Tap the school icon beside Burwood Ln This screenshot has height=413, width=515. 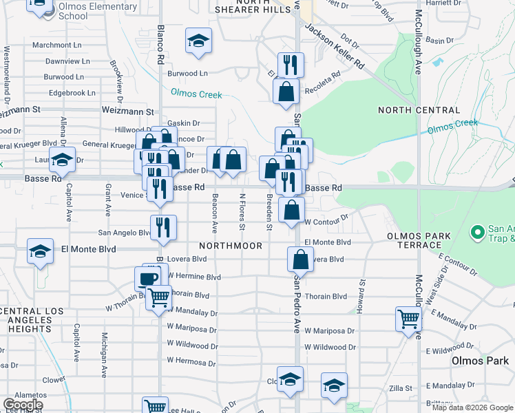pyautogui.click(x=198, y=41)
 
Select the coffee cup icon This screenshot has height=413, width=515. pyautogui.click(x=147, y=279)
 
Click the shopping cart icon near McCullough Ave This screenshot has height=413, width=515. pyautogui.click(x=408, y=319)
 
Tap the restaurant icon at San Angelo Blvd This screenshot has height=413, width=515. pyautogui.click(x=163, y=227)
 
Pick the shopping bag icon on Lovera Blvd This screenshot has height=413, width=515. pyautogui.click(x=300, y=260)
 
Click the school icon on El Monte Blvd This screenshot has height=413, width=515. pyautogui.click(x=41, y=251)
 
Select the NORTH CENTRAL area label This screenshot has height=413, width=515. pyautogui.click(x=419, y=110)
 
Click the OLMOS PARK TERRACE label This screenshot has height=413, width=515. pyautogui.click(x=419, y=240)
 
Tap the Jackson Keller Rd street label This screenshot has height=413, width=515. pyautogui.click(x=335, y=46)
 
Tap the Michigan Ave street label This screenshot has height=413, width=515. pyautogui.click(x=104, y=355)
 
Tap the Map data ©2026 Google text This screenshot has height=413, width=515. pyautogui.click(x=472, y=407)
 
